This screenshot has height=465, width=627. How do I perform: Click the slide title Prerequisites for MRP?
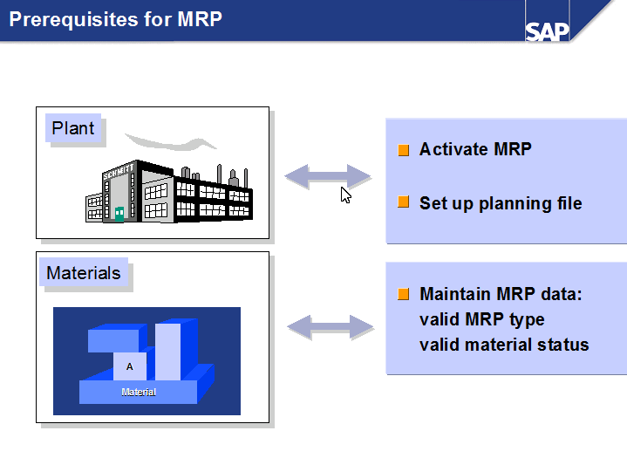pos(116,18)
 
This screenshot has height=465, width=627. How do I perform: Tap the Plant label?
pos(72,128)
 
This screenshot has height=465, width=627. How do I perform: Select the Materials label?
pos(84,273)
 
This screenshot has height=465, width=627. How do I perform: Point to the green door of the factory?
pos(119,213)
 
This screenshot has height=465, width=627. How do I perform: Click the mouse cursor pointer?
pos(345,195)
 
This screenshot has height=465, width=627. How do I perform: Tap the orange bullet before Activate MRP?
pos(403,150)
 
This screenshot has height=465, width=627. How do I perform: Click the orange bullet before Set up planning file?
pos(403,202)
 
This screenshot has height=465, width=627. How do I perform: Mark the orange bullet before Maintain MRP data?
pos(403,294)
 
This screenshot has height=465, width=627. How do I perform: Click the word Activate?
pos(453,149)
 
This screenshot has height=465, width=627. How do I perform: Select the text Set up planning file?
pos(500,203)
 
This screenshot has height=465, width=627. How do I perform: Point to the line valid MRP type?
pos(481,319)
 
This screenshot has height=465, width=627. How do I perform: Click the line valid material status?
pos(504,345)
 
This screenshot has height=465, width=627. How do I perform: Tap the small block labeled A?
pos(130,366)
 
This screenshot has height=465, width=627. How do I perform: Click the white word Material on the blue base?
pos(139,393)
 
